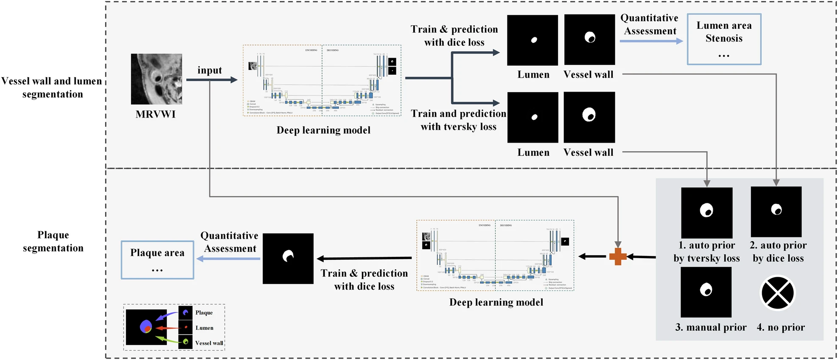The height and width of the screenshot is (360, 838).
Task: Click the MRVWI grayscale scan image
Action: pyautogui.click(x=156, y=79)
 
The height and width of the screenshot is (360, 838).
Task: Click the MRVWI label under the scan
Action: pyautogui.click(x=155, y=114)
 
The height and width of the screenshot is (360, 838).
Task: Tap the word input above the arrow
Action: pyautogui.click(x=210, y=70)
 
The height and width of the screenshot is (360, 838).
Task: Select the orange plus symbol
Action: pyautogui.click(x=618, y=256)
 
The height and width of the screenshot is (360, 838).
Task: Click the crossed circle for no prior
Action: pyautogui.click(x=777, y=293)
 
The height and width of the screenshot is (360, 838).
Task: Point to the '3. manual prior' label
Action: pyautogui.click(x=711, y=327)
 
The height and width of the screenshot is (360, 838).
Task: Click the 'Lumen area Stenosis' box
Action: pyautogui.click(x=724, y=39)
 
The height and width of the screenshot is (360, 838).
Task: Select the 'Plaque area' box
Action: pyautogui.click(x=157, y=260)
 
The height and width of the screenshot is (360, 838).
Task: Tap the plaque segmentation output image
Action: pyautogui.click(x=288, y=258)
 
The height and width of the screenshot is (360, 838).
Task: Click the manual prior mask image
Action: pyautogui.click(x=706, y=292)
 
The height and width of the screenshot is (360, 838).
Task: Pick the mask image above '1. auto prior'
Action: pyautogui.click(x=706, y=213)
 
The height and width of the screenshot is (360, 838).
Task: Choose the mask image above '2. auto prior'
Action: pyautogui.click(x=776, y=212)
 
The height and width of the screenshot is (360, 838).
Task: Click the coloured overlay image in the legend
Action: pyautogui.click(x=146, y=327)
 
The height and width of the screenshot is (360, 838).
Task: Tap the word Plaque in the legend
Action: pyautogui.click(x=204, y=312)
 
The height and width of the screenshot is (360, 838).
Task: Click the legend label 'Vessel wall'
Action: pyautogui.click(x=209, y=343)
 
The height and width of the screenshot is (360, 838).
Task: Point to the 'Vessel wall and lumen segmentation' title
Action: pyautogui.click(x=52, y=87)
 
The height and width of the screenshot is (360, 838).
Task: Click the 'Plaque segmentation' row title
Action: pyautogui.click(x=53, y=241)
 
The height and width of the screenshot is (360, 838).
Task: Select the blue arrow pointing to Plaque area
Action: pyautogui.click(x=228, y=259)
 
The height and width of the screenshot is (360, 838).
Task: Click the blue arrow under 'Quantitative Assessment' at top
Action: pyautogui.click(x=651, y=41)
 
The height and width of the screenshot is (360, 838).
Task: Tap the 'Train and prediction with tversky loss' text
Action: pyautogui.click(x=458, y=120)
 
